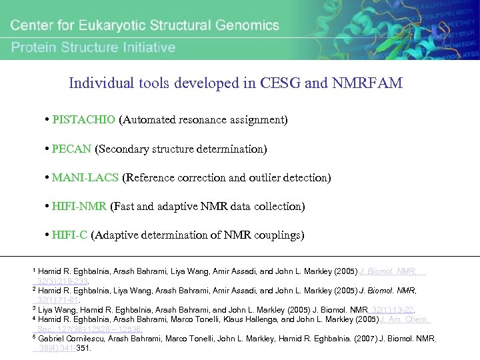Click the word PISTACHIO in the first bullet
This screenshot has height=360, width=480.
pos(85,120)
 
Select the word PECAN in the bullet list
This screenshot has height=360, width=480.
pos(72,149)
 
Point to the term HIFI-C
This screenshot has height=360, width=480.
pos(70,235)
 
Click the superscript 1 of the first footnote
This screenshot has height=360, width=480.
pos(34,270)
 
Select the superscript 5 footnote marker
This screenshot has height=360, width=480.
pos(34,337)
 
